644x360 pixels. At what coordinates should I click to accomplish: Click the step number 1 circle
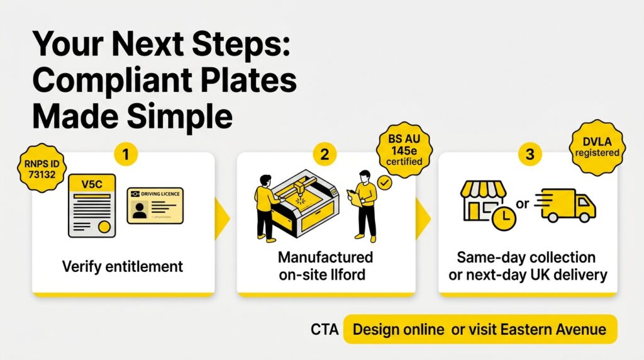pyautogui.click(x=126, y=155)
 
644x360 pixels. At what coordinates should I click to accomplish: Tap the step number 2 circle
pyautogui.click(x=325, y=155)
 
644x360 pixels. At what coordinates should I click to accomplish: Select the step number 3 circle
pyautogui.click(x=530, y=155)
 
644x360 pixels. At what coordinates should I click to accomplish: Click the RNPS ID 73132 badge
pyautogui.click(x=42, y=169)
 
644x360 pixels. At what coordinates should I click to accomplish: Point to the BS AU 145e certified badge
pyautogui.click(x=404, y=150)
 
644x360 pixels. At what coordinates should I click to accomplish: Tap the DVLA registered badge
pyautogui.click(x=597, y=147)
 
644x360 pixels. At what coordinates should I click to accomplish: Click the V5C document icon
pyautogui.click(x=92, y=205)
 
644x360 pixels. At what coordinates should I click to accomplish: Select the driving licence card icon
pyautogui.click(x=155, y=205)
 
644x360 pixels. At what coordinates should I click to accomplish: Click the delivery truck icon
pyautogui.click(x=565, y=205)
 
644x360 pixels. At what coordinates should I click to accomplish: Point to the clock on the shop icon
pyautogui.click(x=504, y=218)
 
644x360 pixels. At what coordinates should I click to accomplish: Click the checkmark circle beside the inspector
pyautogui.click(x=384, y=183)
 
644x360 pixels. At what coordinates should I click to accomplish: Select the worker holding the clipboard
pyautogui.click(x=364, y=206)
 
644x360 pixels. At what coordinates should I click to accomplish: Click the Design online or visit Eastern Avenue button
pyautogui.click(x=480, y=329)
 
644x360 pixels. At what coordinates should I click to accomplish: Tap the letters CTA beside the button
pyautogui.click(x=325, y=330)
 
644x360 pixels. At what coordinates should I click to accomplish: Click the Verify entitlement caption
pyautogui.click(x=123, y=267)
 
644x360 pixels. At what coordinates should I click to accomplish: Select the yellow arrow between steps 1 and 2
pyautogui.click(x=222, y=218)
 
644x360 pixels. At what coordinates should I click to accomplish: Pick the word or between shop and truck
pyautogui.click(x=522, y=203)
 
